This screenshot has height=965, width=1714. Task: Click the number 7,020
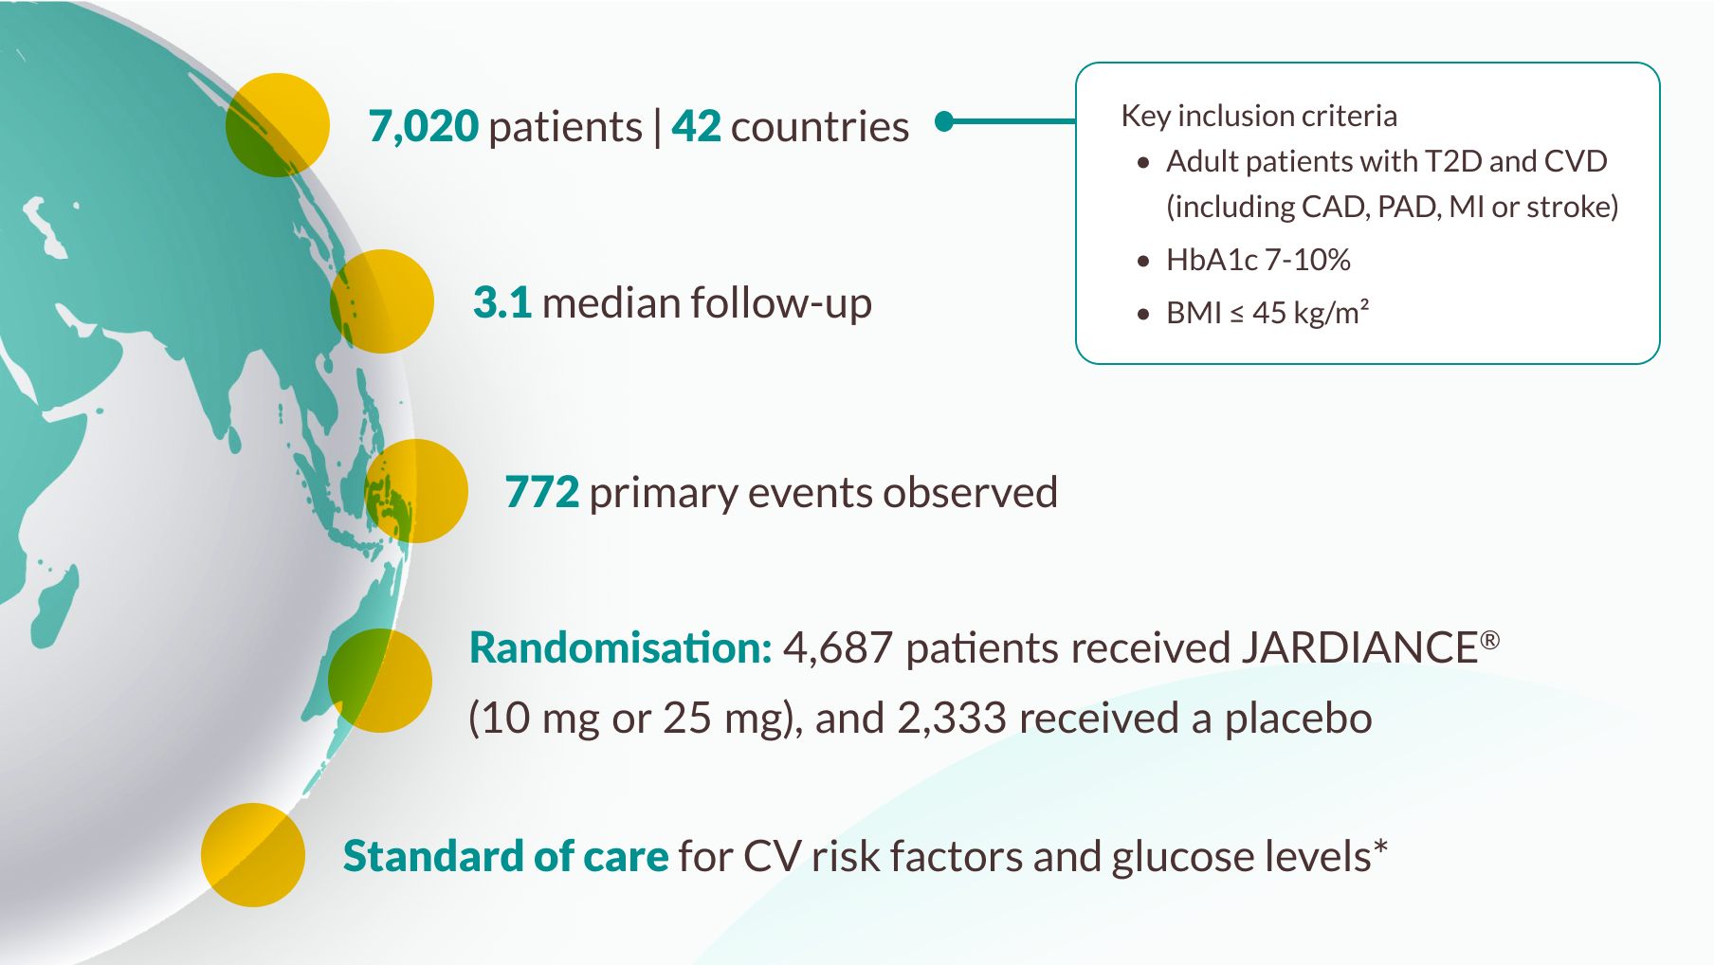click(x=423, y=126)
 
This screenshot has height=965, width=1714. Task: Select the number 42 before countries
click(x=696, y=126)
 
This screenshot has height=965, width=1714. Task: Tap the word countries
click(x=820, y=126)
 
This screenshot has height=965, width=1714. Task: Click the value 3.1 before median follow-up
click(x=502, y=302)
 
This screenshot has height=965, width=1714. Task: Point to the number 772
click(x=541, y=492)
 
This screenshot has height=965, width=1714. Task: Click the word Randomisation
click(x=621, y=648)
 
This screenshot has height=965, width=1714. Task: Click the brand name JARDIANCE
click(x=1359, y=648)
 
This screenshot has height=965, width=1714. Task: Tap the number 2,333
click(x=952, y=719)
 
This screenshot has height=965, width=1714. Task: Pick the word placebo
click(x=1298, y=719)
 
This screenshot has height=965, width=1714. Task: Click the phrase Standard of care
click(x=506, y=856)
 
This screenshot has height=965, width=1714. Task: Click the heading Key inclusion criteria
click(x=1259, y=116)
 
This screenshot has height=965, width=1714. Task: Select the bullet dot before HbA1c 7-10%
click(x=1143, y=261)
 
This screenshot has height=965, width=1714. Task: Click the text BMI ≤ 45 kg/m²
click(x=1267, y=312)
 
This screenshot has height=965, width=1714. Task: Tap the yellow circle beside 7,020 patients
click(x=278, y=125)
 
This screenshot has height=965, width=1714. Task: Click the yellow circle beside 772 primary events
click(x=416, y=491)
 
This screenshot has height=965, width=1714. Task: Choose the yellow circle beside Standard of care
click(x=253, y=855)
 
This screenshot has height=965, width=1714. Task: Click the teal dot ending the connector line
click(x=944, y=121)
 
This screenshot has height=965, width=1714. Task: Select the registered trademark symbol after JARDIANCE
click(x=1490, y=640)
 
